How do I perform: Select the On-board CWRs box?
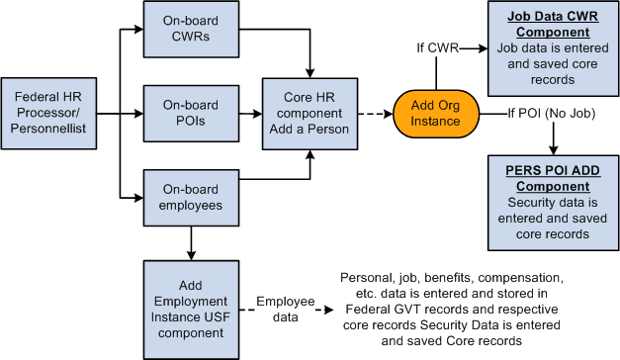tap(187, 31)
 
